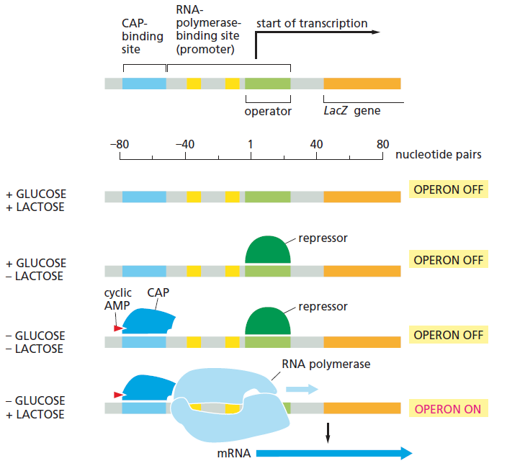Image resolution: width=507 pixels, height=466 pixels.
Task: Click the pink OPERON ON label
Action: [448, 409]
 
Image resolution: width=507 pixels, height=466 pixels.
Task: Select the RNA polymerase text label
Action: [326, 364]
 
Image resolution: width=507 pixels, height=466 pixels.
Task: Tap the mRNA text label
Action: [234, 453]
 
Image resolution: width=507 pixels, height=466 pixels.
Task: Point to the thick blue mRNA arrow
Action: [334, 453]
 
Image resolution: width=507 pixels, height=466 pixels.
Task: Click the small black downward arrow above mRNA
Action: [328, 433]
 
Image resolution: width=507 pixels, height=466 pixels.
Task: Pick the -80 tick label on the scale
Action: [120, 144]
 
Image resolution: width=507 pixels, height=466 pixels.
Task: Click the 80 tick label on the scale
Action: [382, 144]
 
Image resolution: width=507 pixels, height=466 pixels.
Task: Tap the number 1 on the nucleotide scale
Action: [251, 144]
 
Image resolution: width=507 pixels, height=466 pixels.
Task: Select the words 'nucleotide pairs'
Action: [439, 155]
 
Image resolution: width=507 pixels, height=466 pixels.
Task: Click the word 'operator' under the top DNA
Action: [268, 111]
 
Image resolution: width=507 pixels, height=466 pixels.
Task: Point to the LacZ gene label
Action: [351, 111]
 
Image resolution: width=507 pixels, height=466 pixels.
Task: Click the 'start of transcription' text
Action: [312, 23]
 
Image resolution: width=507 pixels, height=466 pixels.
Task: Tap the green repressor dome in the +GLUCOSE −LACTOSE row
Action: [268, 250]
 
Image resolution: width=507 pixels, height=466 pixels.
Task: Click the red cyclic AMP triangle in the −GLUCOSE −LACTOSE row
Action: [118, 328]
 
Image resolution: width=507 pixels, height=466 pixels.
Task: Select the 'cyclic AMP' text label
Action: [117, 299]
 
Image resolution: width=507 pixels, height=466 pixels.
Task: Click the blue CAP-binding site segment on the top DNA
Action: [144, 84]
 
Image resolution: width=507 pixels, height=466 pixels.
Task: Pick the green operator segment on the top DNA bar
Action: [268, 84]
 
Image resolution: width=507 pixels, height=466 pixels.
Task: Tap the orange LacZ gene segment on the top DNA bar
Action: [362, 84]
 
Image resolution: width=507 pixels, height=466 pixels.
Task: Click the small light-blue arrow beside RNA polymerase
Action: [302, 389]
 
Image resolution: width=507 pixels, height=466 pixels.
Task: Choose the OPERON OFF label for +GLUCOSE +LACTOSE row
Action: [449, 189]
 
